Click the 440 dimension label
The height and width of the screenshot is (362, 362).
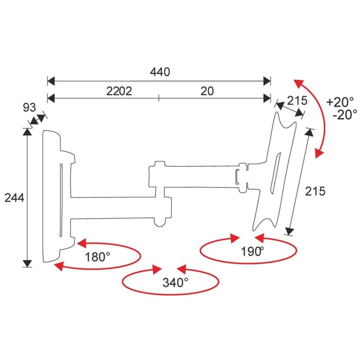[160, 72]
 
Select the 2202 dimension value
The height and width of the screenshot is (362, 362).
[119, 91]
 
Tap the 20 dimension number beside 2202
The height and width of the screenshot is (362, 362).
[207, 91]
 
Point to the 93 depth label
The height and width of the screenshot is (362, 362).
[30, 108]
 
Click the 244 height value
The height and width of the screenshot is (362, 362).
[14, 198]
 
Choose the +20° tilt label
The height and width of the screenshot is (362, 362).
[340, 102]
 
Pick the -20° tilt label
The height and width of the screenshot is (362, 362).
[345, 115]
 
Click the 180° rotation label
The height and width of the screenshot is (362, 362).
[98, 257]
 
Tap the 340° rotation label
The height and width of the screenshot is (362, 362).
[175, 283]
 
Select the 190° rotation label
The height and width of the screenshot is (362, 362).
[252, 251]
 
